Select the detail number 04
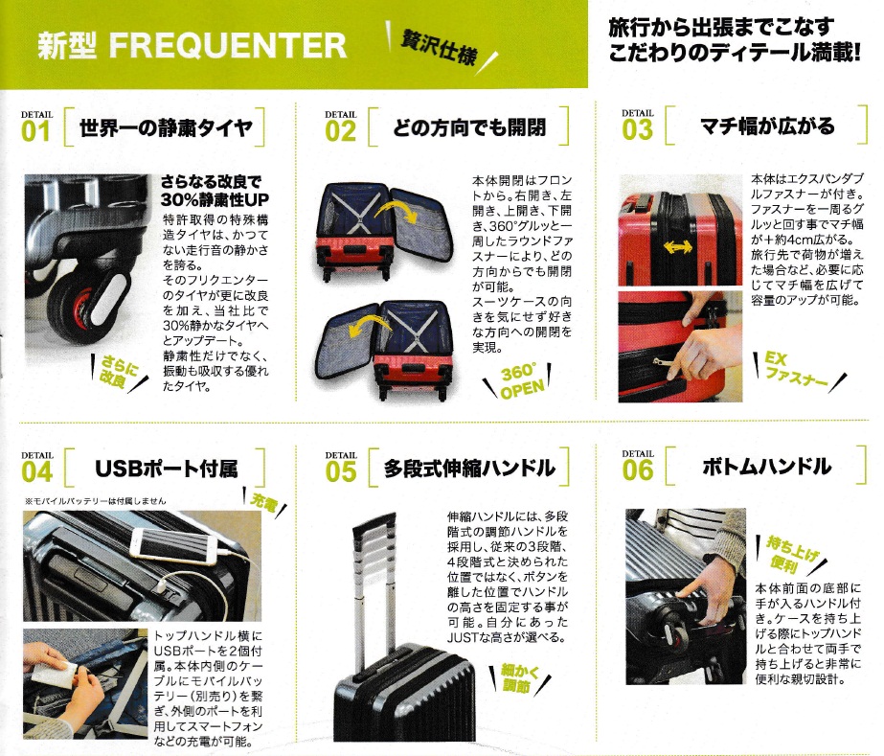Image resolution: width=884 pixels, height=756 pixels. coord(36,471)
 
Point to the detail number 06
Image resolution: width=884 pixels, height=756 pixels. coord(638,470)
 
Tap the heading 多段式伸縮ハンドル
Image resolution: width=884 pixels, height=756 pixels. coord(469,469)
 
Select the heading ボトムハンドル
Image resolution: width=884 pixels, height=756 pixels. coord(766,467)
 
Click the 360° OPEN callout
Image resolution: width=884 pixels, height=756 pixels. coord(523,380)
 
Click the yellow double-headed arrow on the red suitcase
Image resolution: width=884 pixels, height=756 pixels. coord(677,247)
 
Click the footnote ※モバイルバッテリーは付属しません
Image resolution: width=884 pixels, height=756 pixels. coord(96,500)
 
